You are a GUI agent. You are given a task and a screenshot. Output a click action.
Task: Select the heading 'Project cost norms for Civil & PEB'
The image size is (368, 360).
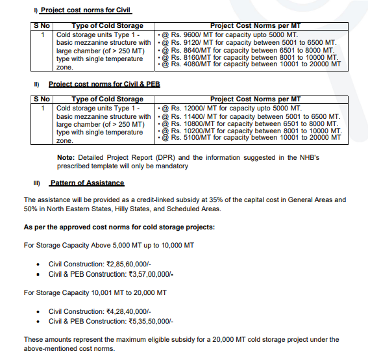tap(104, 84)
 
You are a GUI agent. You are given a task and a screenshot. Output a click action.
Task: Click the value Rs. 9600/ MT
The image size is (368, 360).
tap(186, 34)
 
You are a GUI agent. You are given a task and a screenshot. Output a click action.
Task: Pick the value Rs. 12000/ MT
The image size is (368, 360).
tap(188, 107)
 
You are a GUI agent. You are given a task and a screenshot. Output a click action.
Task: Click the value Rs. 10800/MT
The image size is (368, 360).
tap(188, 123)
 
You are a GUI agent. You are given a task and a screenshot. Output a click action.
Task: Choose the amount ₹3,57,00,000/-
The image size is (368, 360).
tap(151, 274)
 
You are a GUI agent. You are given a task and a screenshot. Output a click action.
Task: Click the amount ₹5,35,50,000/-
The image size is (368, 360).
tap(151, 321)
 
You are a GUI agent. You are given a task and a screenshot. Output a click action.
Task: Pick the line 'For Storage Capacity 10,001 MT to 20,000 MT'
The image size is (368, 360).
tap(95, 292)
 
